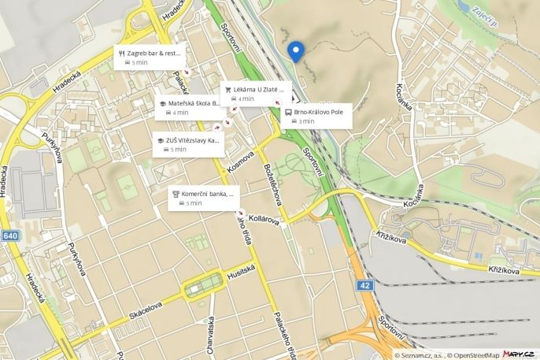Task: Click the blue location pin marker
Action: tap(296, 50)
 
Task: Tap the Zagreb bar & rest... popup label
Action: tap(150, 57)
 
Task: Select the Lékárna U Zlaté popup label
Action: tap(253, 94)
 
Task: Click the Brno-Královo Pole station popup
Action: tap(317, 116)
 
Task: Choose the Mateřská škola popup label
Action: tap(190, 107)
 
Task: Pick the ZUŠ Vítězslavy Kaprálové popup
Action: tap(188, 144)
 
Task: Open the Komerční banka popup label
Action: tap(204, 198)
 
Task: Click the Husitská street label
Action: tap(242, 270)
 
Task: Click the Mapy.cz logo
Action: tap(520, 354)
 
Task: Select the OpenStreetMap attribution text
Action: tap(475, 355)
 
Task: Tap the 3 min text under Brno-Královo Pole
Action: tap(306, 121)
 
